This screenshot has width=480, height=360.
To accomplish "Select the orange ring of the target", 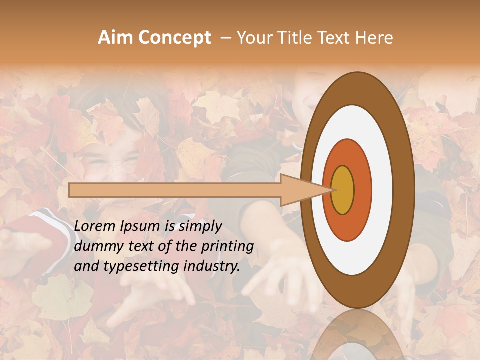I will (x=362, y=190).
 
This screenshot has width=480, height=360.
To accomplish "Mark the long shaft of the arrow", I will (x=175, y=190).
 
